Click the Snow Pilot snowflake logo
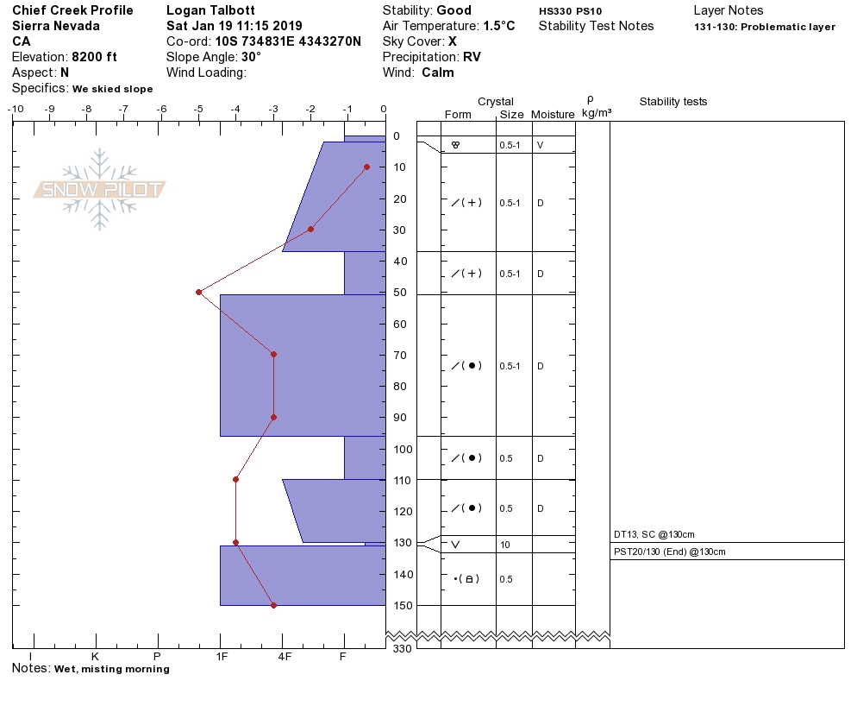tap(99, 189)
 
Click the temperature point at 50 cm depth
tap(199, 293)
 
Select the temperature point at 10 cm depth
tap(366, 167)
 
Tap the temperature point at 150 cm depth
tap(274, 605)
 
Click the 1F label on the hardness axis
tap(222, 656)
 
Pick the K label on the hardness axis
tap(95, 656)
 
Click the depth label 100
tap(403, 449)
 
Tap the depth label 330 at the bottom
tap(402, 648)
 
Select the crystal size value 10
tap(504, 545)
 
